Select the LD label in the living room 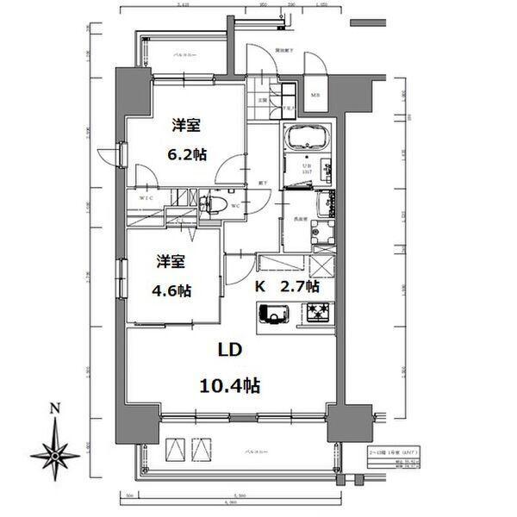pos(228,351)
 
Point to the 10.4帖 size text pos(228,384)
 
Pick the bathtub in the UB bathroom pos(306,139)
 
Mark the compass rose pos(54,453)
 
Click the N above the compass pos(54,408)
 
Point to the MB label pos(315,95)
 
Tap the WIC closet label pos(146,197)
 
